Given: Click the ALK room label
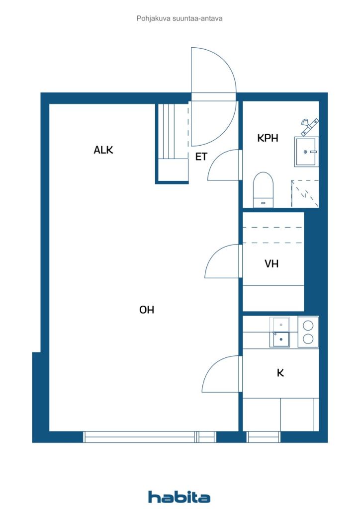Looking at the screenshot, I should click(103, 150).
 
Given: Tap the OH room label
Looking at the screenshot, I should click(147, 310).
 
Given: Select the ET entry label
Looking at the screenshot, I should click(201, 157).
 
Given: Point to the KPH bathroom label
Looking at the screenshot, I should click(268, 138).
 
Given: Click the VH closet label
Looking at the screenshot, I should click(271, 264).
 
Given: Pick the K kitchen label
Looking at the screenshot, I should click(280, 372).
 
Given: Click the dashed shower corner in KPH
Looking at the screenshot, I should click(305, 194).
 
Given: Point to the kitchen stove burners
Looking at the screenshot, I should click(308, 332).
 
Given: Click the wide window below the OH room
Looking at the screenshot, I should click(149, 437).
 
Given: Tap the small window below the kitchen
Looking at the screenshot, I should click(264, 437).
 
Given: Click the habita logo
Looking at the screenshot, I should click(179, 497).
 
